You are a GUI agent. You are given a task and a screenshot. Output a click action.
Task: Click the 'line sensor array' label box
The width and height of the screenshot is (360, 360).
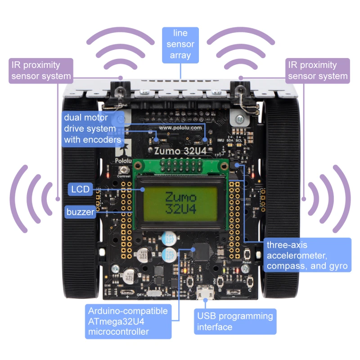pyautogui.click(x=180, y=44)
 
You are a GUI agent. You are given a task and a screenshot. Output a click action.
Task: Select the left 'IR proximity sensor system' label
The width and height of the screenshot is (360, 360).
pyautogui.click(x=41, y=70)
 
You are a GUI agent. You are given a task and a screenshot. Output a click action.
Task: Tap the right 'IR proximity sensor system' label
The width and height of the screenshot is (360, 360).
pyautogui.click(x=318, y=70)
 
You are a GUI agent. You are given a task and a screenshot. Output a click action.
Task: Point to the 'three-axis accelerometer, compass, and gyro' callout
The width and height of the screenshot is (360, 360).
pyautogui.click(x=307, y=255)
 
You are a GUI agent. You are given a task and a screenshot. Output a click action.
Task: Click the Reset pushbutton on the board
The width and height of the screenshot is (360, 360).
pyautogui.click(x=246, y=269)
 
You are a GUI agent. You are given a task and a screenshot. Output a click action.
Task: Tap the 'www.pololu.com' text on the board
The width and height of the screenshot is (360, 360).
pyautogui.click(x=180, y=127)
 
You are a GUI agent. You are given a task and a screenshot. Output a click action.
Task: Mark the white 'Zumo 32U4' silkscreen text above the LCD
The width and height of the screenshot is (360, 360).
pyautogui.click(x=180, y=151)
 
